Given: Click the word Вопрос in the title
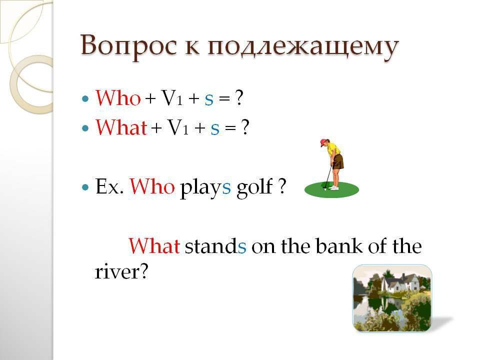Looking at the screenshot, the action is click(x=129, y=46).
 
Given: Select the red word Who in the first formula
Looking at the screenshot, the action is click(x=118, y=98).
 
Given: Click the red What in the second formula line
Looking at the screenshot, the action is click(x=121, y=127).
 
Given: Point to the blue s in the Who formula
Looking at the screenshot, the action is click(x=209, y=100).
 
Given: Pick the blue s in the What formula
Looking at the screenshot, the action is click(x=215, y=129).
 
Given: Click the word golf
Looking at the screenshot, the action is click(x=254, y=187).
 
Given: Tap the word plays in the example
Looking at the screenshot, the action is click(x=205, y=187).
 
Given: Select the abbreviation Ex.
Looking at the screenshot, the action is click(x=109, y=186).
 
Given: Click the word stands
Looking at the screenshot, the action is click(x=215, y=246).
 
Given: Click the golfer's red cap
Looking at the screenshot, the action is click(x=324, y=142).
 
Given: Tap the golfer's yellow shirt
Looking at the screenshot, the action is click(x=333, y=149).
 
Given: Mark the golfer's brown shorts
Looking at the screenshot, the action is click(x=338, y=162).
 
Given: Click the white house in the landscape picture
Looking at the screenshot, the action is click(x=398, y=283).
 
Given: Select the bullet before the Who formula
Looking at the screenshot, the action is click(x=85, y=99).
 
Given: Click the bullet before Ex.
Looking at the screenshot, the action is click(x=85, y=187).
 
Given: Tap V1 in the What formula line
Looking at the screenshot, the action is click(x=177, y=127).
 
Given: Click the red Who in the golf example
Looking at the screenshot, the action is click(x=152, y=186).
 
